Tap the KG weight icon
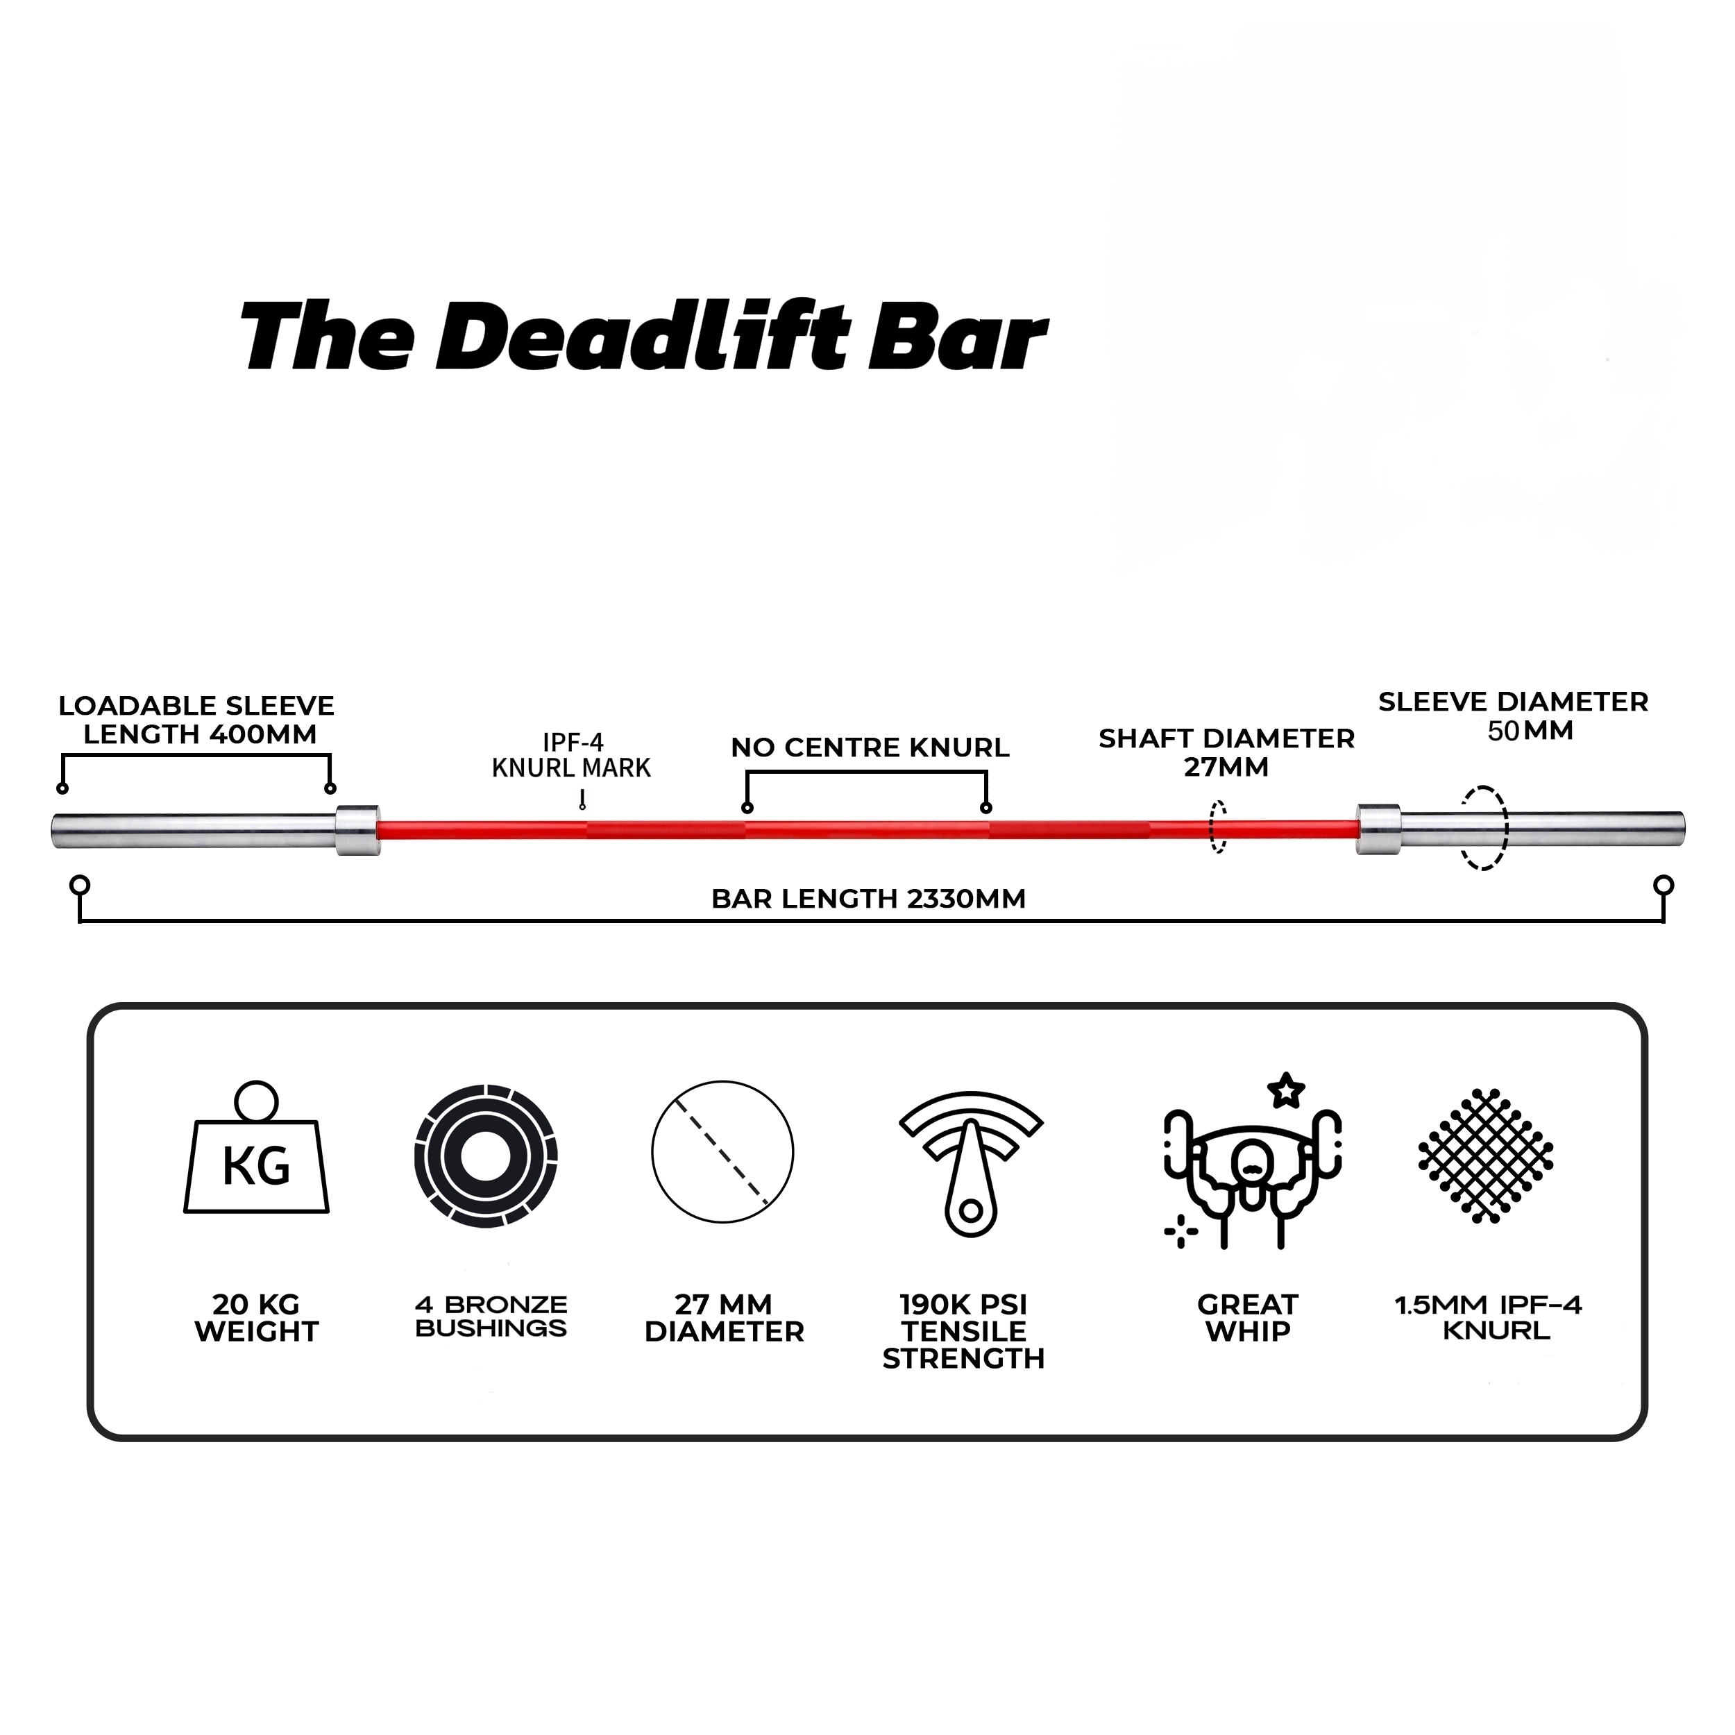point(257,1151)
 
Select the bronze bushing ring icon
point(486,1156)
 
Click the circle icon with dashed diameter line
point(723,1152)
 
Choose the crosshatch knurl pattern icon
point(1487,1156)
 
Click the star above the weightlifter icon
point(1285,1091)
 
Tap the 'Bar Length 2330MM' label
point(868,899)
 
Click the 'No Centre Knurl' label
point(870,747)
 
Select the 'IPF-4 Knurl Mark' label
point(571,755)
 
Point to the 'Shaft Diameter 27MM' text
point(1226,752)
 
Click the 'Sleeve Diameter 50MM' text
point(1513,716)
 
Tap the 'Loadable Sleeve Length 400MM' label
point(196,720)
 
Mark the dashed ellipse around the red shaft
point(1218,827)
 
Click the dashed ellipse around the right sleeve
point(1484,828)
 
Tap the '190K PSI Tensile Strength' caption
point(963,1332)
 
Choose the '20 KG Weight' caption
point(257,1319)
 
